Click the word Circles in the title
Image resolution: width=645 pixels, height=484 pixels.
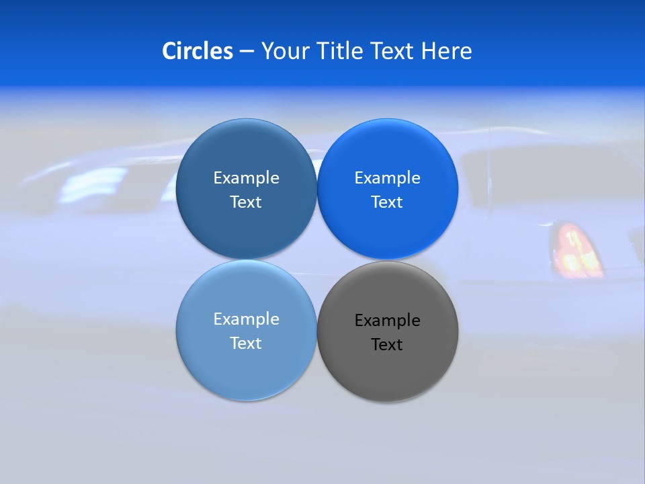[197, 51]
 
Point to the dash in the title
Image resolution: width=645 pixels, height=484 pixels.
[247, 52]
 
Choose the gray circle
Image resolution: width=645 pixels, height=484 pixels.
[388, 370]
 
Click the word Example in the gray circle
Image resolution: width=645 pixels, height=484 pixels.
[388, 321]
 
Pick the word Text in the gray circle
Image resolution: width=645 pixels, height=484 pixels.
[387, 345]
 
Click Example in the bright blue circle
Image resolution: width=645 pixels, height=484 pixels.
[388, 178]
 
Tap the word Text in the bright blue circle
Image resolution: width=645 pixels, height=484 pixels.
[387, 202]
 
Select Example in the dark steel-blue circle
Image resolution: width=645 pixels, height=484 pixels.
[246, 178]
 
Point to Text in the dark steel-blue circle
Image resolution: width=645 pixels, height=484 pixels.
[246, 202]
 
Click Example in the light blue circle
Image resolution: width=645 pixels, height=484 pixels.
[246, 319]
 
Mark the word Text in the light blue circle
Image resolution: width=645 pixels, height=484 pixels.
[246, 344]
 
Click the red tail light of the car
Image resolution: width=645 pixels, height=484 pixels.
[575, 251]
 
